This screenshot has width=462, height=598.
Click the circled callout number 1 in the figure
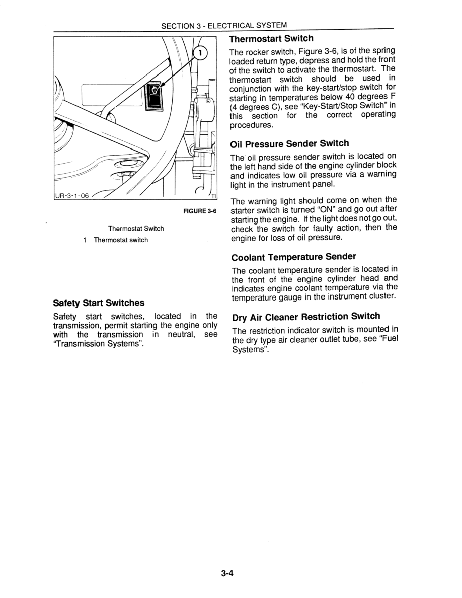point(200,52)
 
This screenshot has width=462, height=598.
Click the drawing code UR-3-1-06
point(71,196)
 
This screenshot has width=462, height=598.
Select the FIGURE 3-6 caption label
point(200,211)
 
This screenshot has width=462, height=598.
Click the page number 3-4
point(228,573)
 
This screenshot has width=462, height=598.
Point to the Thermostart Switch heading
point(271,39)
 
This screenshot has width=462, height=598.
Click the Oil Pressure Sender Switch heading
point(289,144)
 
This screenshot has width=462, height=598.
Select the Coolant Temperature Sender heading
point(293,257)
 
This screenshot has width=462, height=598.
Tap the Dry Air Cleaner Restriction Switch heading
point(305,317)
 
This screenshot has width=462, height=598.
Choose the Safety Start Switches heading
point(99,303)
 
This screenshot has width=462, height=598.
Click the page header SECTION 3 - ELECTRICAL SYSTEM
point(224,25)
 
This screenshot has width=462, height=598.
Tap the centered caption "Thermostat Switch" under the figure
point(136,229)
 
